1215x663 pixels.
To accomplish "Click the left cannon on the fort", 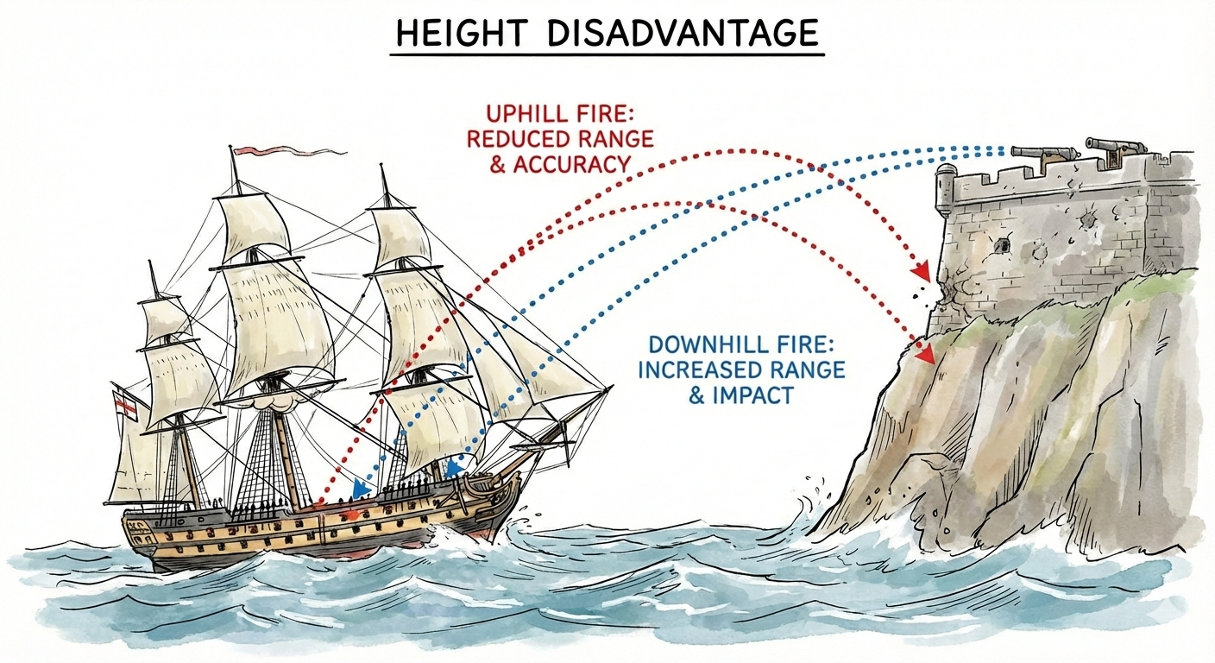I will tap(1045, 154).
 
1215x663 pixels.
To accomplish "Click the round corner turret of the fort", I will tap(947, 190).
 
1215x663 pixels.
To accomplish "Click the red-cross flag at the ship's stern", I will tap(126, 402).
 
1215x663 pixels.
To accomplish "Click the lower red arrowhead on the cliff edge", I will tap(925, 354).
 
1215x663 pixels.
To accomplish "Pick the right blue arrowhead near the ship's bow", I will tap(454, 470).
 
